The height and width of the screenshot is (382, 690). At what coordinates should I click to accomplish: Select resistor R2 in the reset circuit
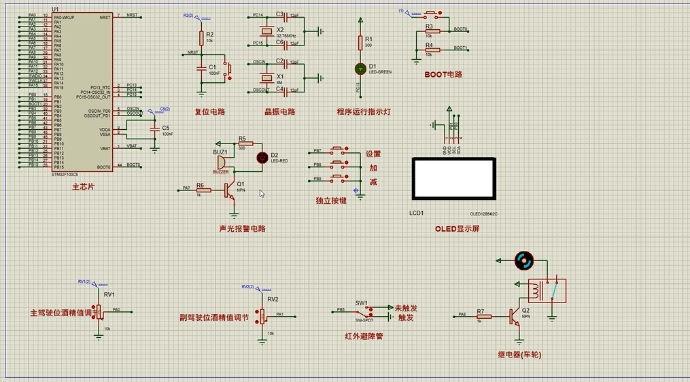click(201, 38)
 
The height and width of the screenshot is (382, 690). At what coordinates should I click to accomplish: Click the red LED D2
click(261, 157)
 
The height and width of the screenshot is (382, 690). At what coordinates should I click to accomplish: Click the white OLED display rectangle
click(453, 179)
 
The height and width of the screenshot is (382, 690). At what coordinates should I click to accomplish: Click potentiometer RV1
click(99, 310)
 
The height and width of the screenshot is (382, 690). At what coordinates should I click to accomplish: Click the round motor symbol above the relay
click(523, 260)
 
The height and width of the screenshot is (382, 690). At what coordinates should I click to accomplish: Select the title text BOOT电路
click(443, 74)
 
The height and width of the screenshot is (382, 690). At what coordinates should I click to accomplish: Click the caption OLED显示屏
click(458, 229)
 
